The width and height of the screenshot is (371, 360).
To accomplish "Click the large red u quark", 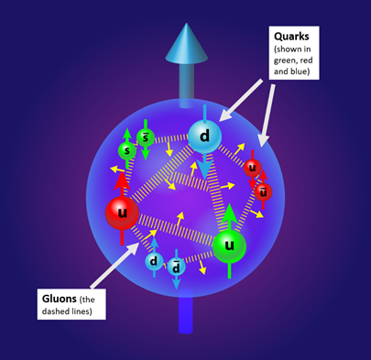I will click(122, 213).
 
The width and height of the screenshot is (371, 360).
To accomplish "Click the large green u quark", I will click(230, 245).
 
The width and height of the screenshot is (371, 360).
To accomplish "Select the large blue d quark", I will click(205, 137).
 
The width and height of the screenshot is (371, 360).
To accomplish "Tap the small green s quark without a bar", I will click(127, 150).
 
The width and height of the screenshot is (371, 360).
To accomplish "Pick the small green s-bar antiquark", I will click(145, 138).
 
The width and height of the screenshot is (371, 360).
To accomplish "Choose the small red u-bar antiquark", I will click(263, 191).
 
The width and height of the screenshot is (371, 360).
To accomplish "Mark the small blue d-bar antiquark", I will click(177, 267).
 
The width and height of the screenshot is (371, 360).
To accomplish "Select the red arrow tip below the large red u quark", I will click(122, 240).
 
